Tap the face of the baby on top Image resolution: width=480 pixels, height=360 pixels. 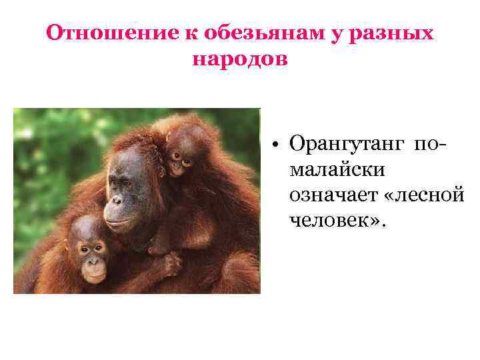point(180,155)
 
